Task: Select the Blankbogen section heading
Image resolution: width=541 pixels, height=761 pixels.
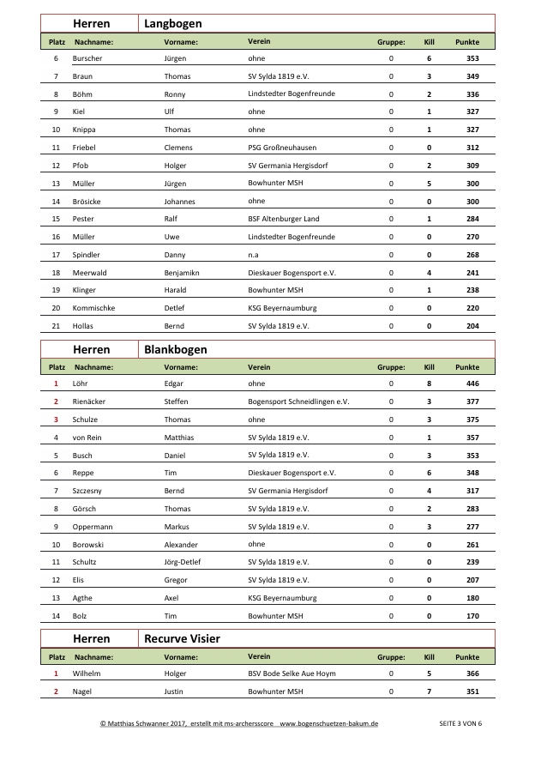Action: [175, 350]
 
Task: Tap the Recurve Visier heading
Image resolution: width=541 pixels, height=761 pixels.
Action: [182, 639]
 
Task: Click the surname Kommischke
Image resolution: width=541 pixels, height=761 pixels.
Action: [93, 308]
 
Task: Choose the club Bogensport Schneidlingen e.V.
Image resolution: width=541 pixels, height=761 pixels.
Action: [298, 402]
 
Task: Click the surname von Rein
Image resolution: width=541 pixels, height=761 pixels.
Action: [88, 438]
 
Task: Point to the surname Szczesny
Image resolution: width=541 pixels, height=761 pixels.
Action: [90, 491]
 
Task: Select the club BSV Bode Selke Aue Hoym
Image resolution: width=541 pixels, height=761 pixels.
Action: [292, 673]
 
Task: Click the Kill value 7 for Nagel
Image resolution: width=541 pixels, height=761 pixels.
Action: [429, 692]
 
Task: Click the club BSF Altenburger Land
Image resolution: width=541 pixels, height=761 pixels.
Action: [283, 219]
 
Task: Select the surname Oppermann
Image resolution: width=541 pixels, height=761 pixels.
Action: [93, 527]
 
